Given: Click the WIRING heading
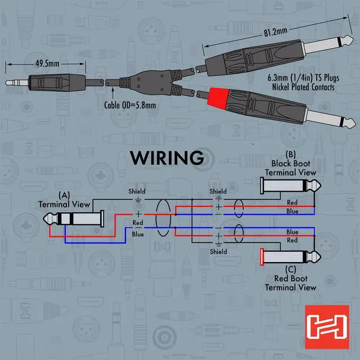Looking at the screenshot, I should (167, 158).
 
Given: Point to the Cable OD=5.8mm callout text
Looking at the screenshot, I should (130, 104).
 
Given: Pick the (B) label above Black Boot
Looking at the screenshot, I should (290, 155).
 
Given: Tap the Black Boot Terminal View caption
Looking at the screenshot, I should (290, 168).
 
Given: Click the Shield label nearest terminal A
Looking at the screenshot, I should (137, 192).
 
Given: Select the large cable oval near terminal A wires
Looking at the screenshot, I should (164, 217).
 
